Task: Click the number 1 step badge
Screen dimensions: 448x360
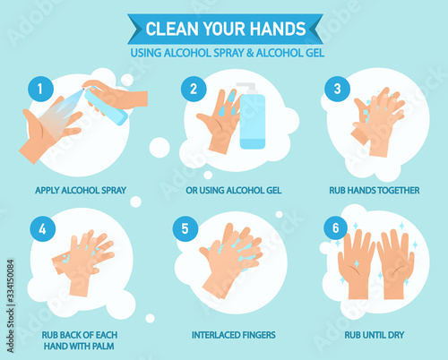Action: tap(40, 89)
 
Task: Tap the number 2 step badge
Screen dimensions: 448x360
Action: tap(194, 89)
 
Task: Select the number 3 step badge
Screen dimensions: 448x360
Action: tap(338, 89)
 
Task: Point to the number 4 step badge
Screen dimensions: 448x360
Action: tap(42, 229)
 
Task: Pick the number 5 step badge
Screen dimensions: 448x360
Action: tap(185, 228)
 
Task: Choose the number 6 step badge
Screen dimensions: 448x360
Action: tap(336, 227)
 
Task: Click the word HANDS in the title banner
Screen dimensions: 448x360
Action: tap(278, 29)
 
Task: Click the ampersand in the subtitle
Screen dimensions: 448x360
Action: tap(250, 53)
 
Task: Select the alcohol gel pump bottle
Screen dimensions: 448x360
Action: tap(252, 116)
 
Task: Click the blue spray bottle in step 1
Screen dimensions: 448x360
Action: tap(105, 106)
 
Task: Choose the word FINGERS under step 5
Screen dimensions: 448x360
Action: tap(259, 335)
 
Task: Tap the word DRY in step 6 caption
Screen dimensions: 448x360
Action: tap(396, 335)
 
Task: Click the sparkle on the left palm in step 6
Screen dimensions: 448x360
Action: tap(357, 263)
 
